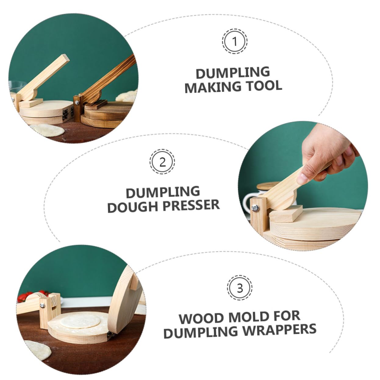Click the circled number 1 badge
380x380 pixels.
(x=235, y=41)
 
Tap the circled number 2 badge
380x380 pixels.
(x=162, y=162)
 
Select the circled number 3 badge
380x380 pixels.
(x=240, y=288)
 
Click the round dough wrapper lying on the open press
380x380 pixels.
(x=81, y=322)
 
